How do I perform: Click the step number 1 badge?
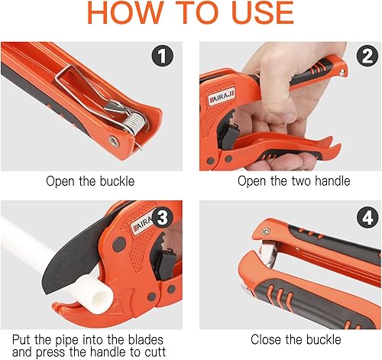(x=162, y=56)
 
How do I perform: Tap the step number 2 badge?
(x=367, y=56)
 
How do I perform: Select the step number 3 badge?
(x=162, y=217)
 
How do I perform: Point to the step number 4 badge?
(x=367, y=217)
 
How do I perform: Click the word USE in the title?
(x=263, y=13)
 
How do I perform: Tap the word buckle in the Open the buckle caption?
(x=117, y=181)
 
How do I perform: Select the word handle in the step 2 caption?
(x=332, y=181)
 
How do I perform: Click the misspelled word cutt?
(x=155, y=352)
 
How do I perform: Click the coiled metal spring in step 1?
(x=134, y=122)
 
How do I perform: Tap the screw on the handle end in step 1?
(x=114, y=141)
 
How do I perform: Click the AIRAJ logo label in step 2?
(x=222, y=97)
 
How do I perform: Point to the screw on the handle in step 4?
(x=266, y=231)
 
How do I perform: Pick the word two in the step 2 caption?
(x=302, y=181)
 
